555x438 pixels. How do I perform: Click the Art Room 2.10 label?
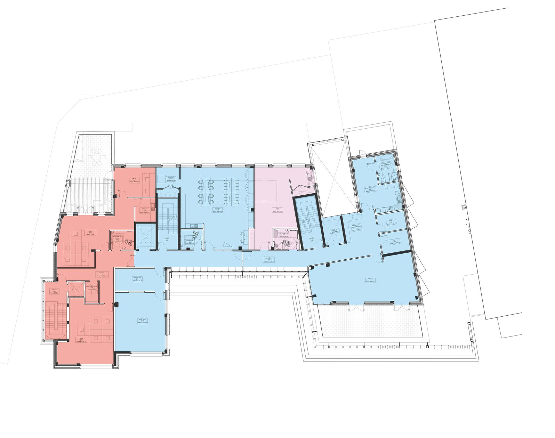coord(218,210)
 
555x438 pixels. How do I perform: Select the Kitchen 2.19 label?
coord(144,210)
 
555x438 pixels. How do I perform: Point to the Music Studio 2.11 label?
coord(137,279)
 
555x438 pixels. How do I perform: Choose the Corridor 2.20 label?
coord(102,274)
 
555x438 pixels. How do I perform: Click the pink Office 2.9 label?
coord(277,210)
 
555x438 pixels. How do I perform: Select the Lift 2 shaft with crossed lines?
coord(146,237)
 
